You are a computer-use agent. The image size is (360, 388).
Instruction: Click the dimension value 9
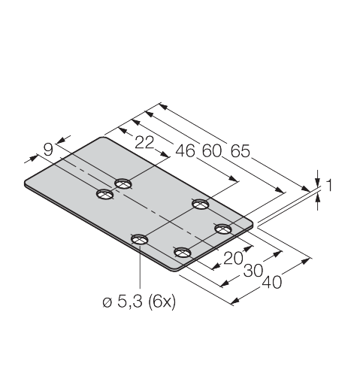point(48,150)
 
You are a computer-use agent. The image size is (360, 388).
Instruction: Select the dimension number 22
point(144,143)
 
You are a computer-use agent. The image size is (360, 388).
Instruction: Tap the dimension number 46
point(185,151)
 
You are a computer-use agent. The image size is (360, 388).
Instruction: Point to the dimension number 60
point(212,151)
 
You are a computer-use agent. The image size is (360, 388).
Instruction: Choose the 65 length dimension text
point(241,151)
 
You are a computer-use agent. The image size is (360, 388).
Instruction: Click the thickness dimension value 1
point(329,185)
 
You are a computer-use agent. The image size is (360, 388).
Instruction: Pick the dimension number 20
point(233,258)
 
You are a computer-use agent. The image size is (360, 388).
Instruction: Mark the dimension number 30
point(253,271)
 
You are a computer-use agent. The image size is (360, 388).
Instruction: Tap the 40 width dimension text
point(272,283)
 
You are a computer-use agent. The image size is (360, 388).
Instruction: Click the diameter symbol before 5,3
point(107,303)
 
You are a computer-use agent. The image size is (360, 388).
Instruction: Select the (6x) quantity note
point(162,302)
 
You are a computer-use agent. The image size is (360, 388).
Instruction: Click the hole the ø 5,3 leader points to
point(140,239)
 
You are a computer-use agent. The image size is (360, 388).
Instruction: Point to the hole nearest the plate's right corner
point(223,229)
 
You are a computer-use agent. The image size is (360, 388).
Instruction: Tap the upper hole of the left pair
point(123,183)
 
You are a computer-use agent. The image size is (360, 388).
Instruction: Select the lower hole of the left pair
point(105,194)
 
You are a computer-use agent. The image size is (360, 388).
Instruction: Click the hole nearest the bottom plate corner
point(182,252)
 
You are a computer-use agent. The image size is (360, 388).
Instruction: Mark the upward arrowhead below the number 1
point(318,200)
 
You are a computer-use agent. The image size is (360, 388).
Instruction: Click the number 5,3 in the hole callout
point(130,302)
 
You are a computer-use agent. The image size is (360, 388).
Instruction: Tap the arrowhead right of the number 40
point(305,261)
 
